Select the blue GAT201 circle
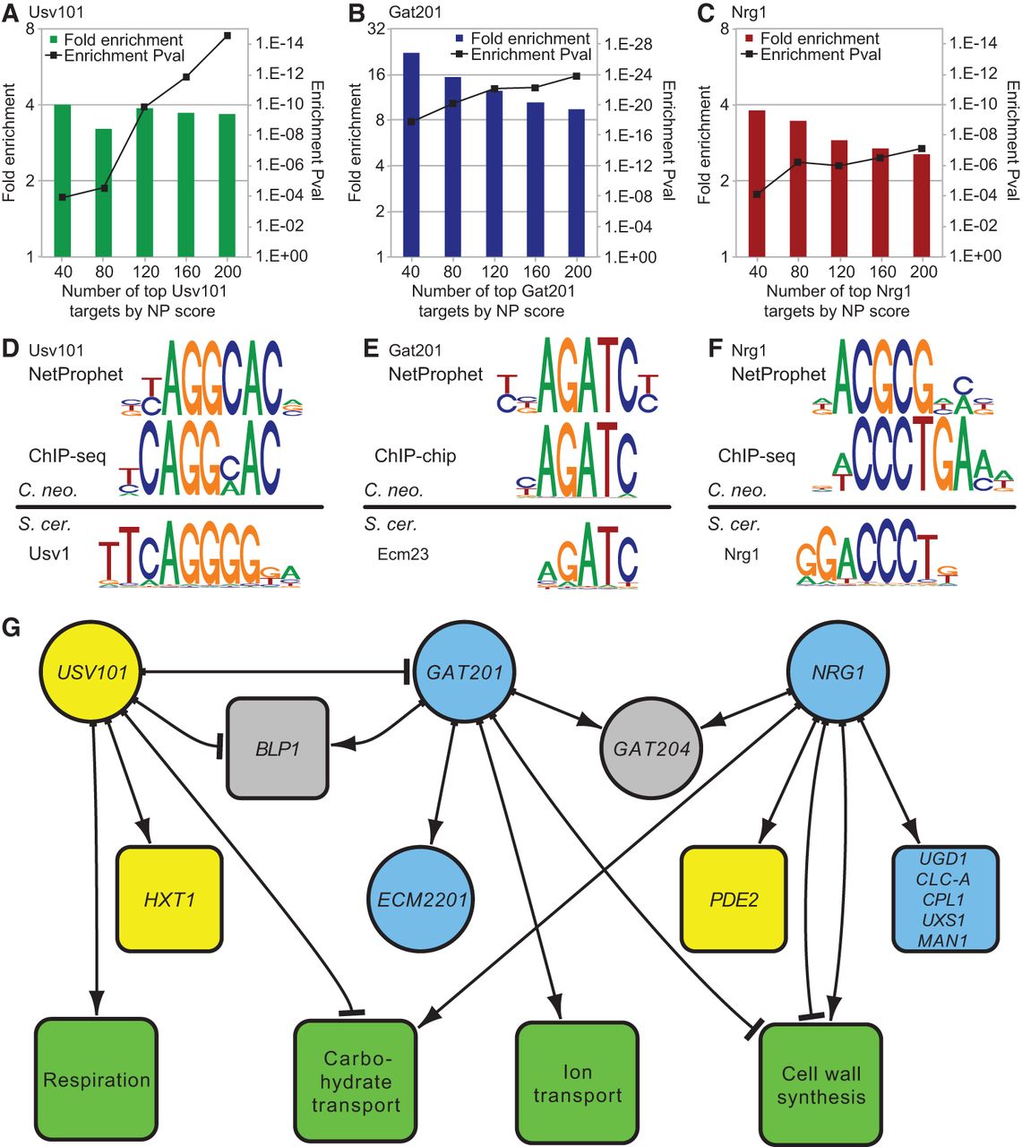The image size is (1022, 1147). coord(465,672)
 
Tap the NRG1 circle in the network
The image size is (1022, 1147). coord(837,672)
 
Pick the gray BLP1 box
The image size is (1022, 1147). coord(278,748)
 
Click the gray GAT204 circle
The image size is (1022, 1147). coord(651,748)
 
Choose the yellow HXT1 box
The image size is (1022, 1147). coord(169,899)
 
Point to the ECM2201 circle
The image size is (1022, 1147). coord(420,899)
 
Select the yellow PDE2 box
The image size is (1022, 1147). coord(734,899)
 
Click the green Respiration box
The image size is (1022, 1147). coord(96,1080)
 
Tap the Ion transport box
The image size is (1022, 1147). coord(578,1083)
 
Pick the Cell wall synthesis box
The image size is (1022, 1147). coord(820,1085)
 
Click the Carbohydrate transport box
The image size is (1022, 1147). coord(356,1082)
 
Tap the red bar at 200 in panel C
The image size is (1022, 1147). coord(922,205)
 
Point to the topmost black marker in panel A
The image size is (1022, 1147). coord(228,36)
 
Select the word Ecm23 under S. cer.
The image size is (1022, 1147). coord(403,555)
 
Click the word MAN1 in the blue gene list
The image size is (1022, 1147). coord(943,941)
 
